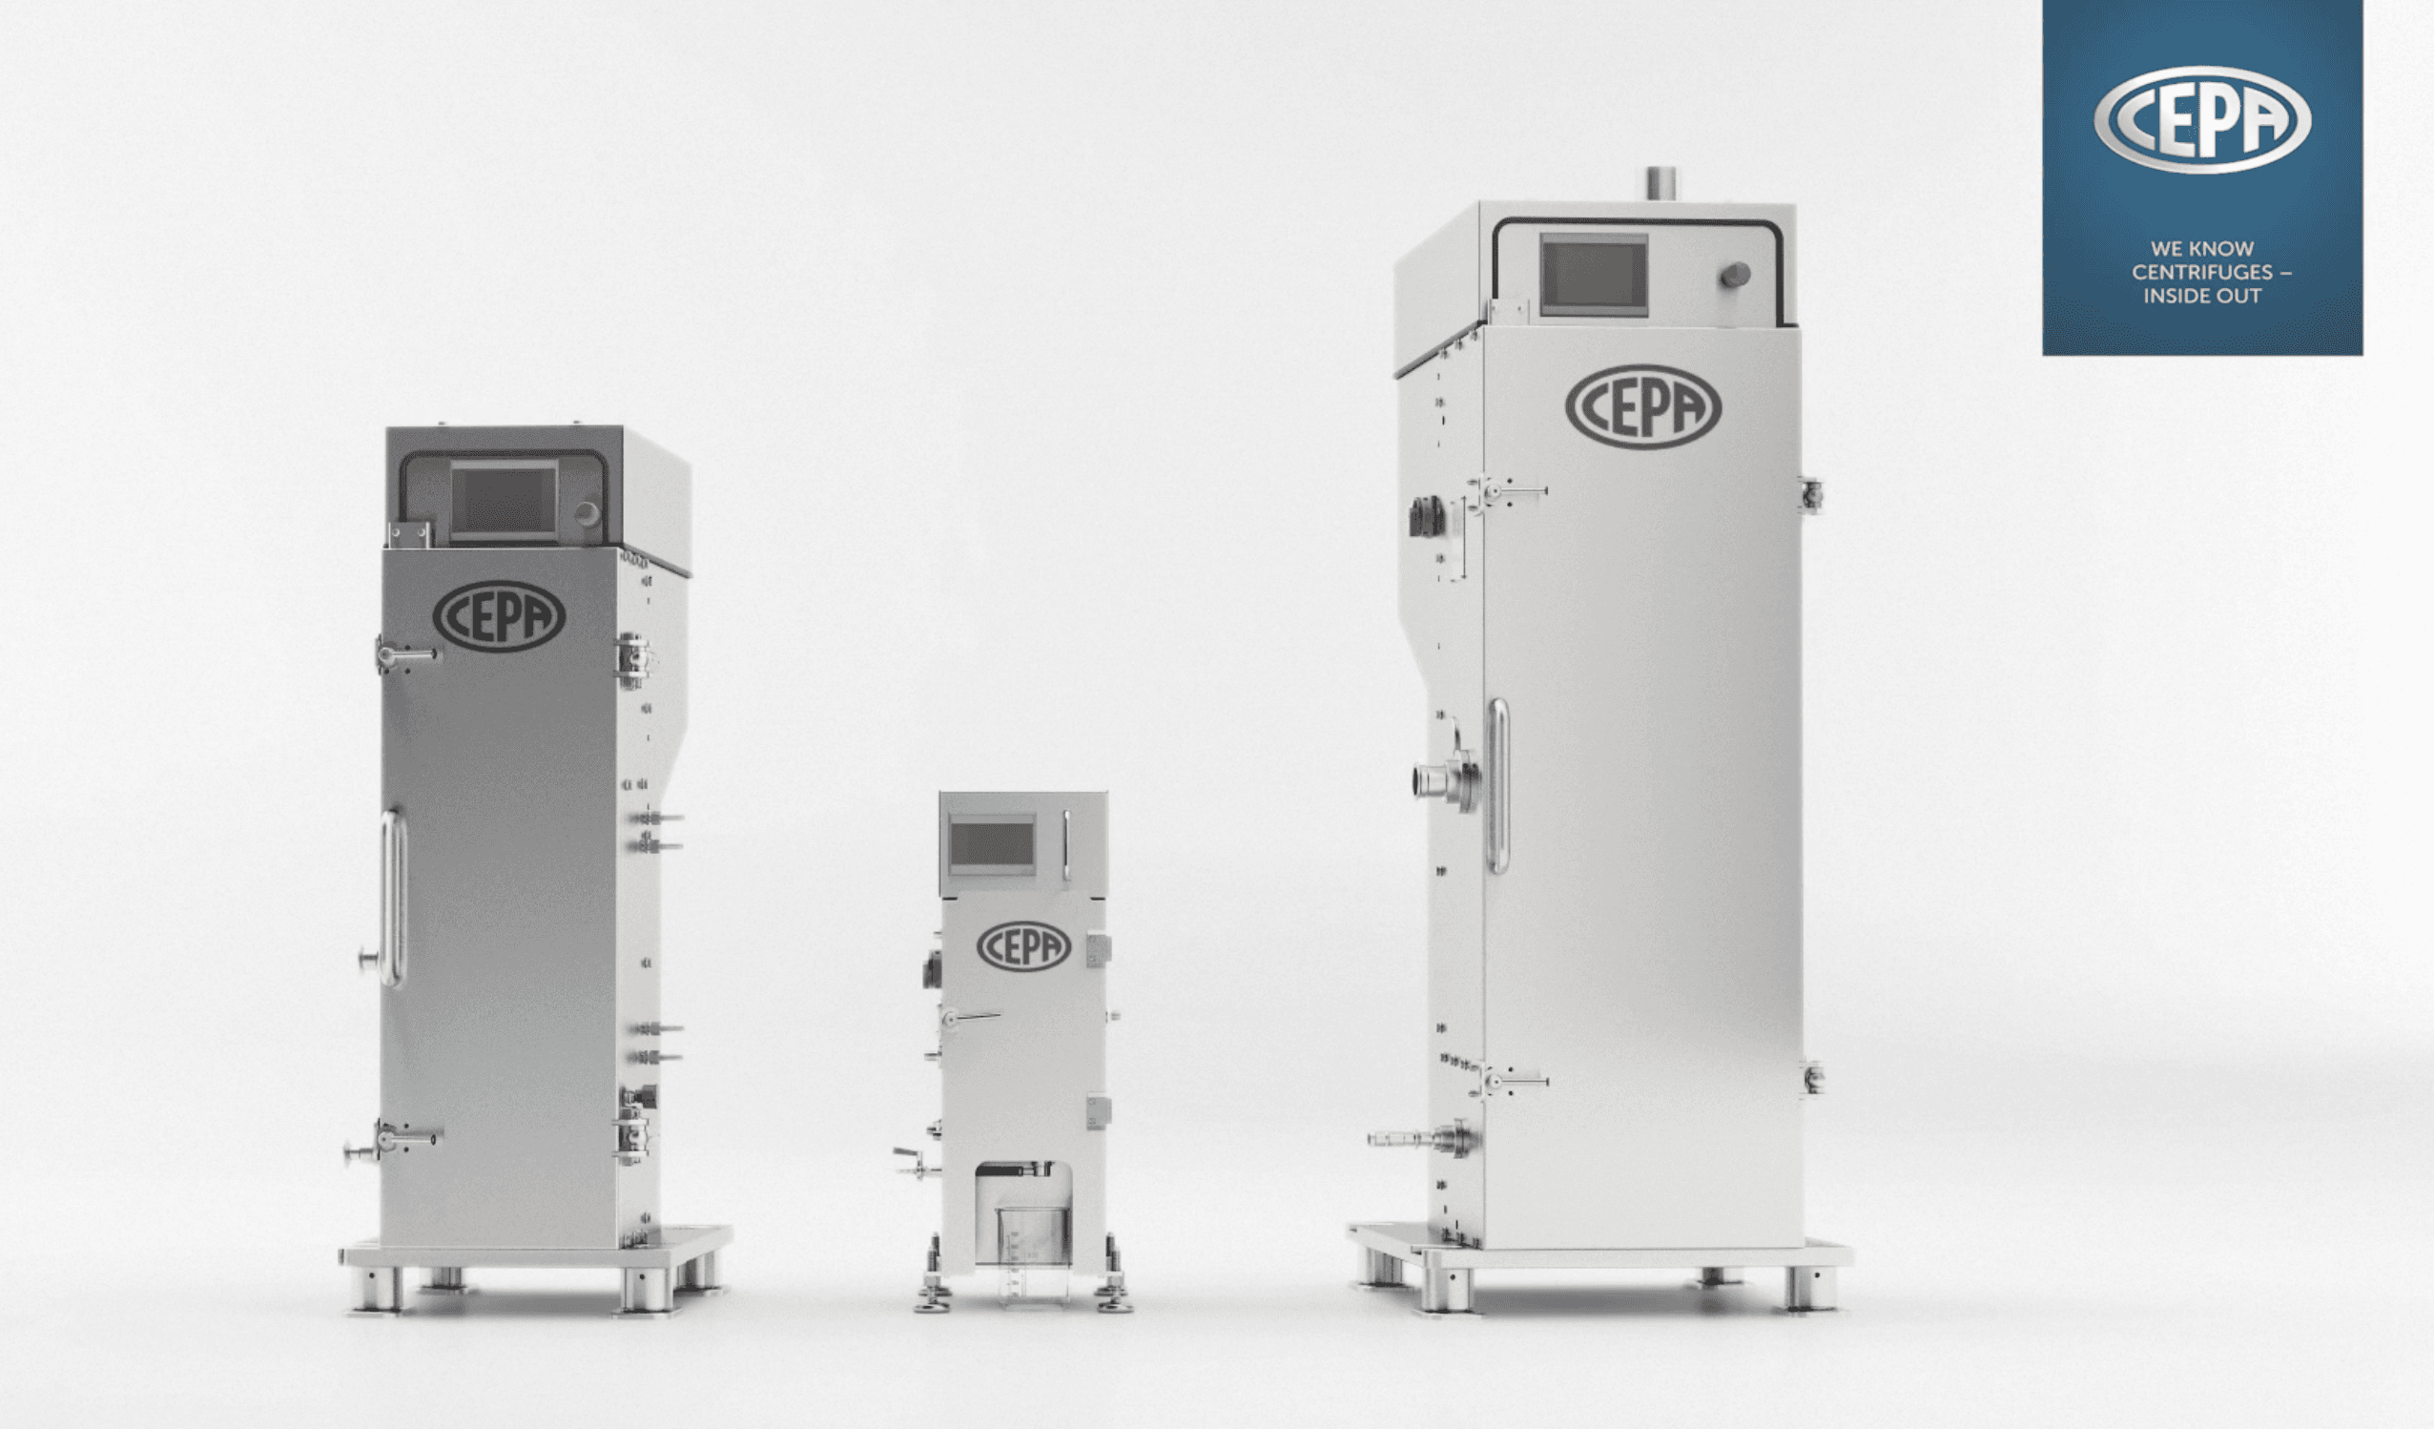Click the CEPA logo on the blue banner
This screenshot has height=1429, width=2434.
pos(2201,120)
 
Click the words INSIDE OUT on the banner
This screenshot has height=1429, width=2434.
pos(2201,297)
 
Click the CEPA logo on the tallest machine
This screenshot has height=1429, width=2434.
pos(1642,406)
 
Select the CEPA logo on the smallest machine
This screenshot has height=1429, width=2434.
pos(1023,946)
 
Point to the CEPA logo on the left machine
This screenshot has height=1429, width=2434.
pos(499,615)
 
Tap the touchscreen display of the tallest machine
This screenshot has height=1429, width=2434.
pos(1593,273)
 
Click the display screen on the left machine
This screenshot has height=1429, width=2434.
pos(504,500)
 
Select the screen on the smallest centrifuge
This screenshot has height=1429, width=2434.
pos(992,843)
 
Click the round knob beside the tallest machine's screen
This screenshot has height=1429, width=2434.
pos(1735,276)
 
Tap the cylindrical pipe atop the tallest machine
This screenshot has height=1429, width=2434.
pos(1662,183)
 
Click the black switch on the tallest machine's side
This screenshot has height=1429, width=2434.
pos(1426,517)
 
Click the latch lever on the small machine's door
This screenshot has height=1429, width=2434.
pos(971,1016)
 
